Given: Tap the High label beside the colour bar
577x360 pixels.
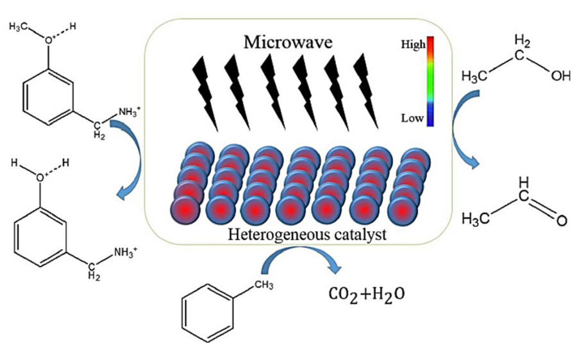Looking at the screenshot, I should click(412, 45).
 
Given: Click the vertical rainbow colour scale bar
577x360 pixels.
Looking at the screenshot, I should click(431, 81).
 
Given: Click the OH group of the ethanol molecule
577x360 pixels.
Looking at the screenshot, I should click(560, 76).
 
